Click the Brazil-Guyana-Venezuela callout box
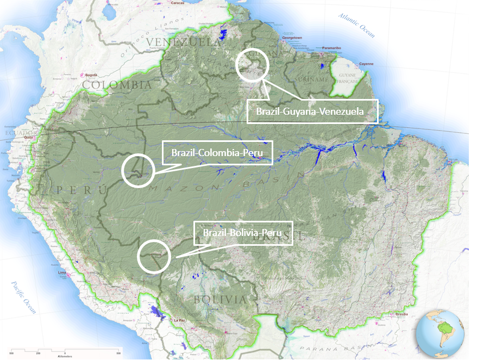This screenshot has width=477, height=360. point(312,111)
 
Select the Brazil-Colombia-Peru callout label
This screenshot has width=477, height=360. point(217,153)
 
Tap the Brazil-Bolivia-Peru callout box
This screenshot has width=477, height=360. point(243,233)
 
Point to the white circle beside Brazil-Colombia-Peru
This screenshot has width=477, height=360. point(138,170)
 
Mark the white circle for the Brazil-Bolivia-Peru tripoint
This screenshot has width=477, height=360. point(154,256)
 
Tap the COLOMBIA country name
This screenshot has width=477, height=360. point(117,85)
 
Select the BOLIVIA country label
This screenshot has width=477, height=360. point(221,300)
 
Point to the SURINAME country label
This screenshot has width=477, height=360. point(315,80)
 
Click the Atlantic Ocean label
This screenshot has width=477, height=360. point(356,25)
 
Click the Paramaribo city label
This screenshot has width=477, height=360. point(331,48)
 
